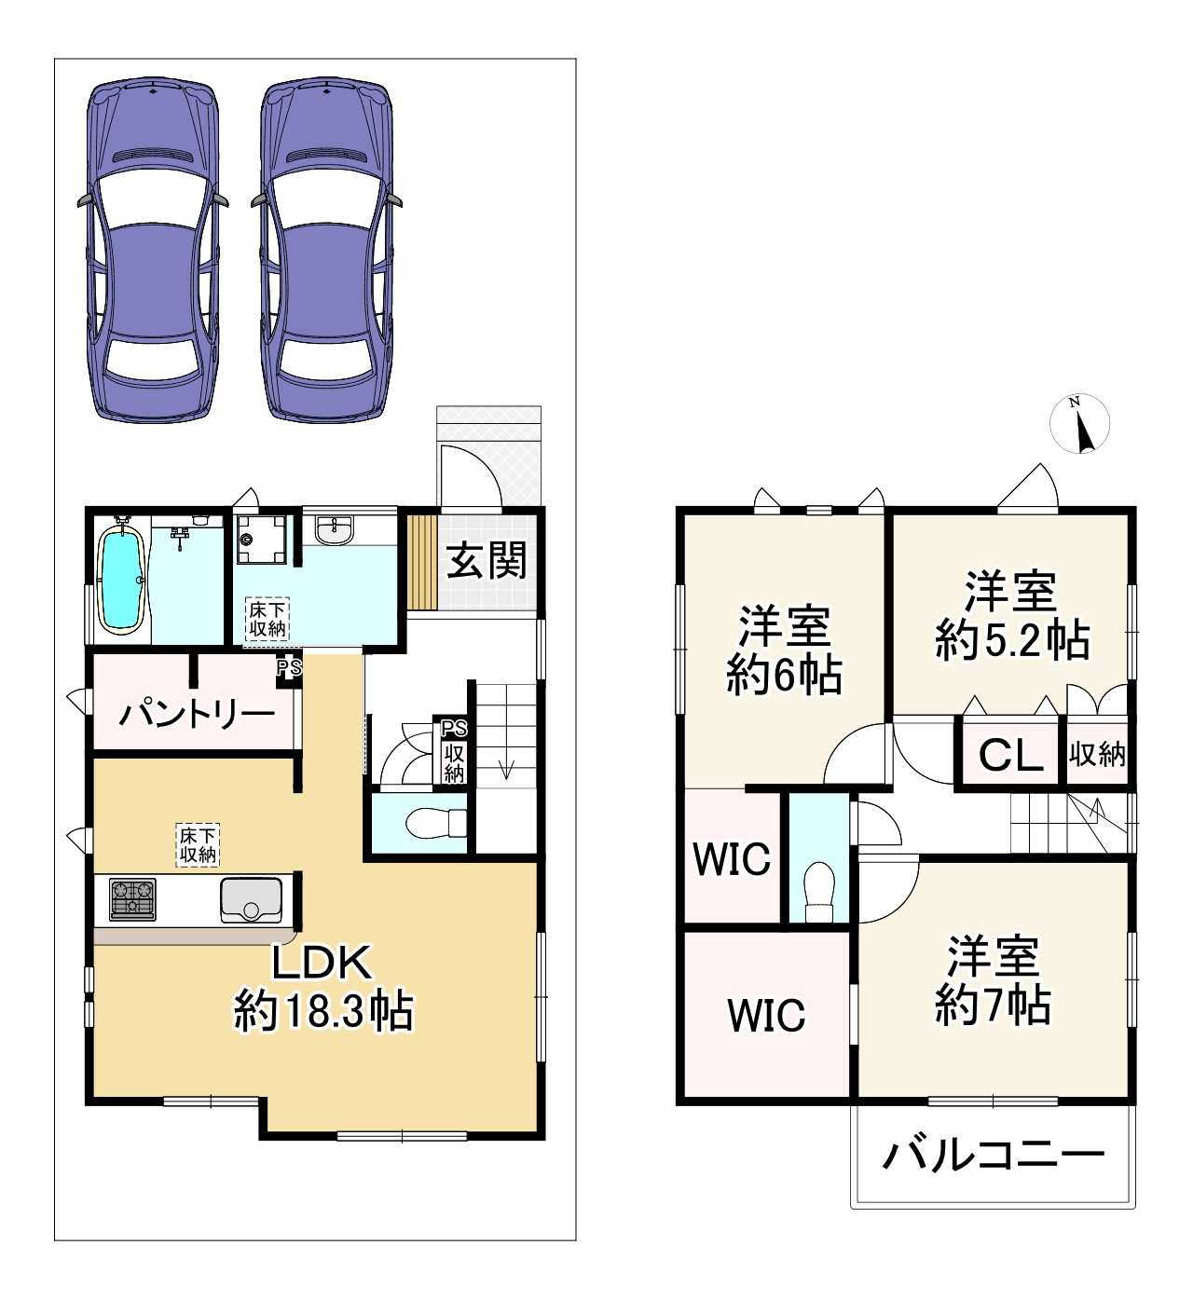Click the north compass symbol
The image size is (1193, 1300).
(1079, 424)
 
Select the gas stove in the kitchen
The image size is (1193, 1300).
(132, 899)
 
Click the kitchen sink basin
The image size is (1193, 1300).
(251, 899)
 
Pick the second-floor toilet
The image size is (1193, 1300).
(818, 892)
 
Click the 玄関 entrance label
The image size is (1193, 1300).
(487, 560)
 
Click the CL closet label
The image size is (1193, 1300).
(1010, 755)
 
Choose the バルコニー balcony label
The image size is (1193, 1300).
(993, 1156)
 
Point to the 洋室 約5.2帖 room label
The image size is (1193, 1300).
(1011, 615)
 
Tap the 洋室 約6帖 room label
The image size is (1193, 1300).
(784, 650)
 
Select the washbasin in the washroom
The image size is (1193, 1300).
(335, 530)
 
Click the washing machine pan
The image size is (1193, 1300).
(261, 540)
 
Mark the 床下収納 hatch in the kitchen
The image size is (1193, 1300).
(198, 844)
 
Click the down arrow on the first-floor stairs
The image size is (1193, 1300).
(506, 770)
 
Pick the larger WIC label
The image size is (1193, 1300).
(766, 1015)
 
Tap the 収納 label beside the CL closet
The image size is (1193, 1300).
(1097, 754)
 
